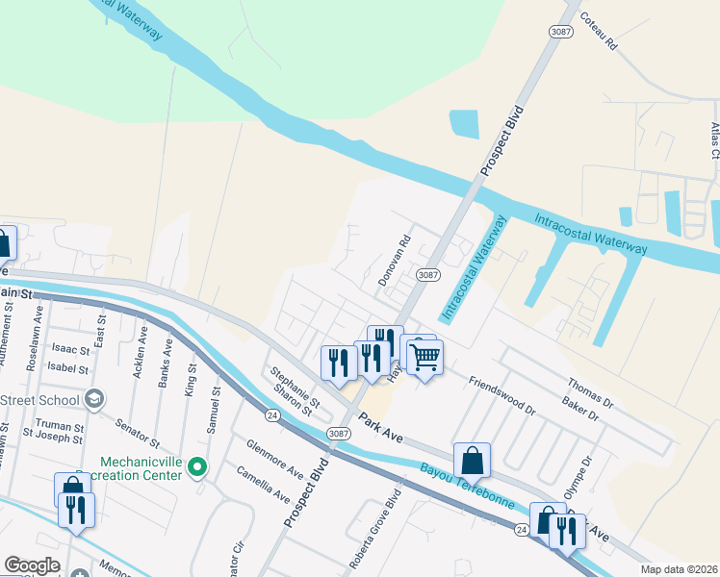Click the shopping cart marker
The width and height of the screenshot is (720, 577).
pyautogui.click(x=424, y=358)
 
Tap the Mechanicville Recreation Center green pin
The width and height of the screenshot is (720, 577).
pyautogui.click(x=197, y=467)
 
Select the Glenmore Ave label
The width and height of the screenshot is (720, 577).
pyautogui.click(x=274, y=461)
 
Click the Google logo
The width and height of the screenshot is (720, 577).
pyautogui.click(x=32, y=565)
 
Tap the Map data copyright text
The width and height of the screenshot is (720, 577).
pyautogui.click(x=679, y=569)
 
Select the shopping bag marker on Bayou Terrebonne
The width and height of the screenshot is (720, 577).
pyautogui.click(x=472, y=461)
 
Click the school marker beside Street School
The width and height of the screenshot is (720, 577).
pyautogui.click(x=93, y=398)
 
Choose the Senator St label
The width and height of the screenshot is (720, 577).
pyautogui.click(x=136, y=432)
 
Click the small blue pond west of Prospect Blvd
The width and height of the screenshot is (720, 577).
pyautogui.click(x=464, y=123)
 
